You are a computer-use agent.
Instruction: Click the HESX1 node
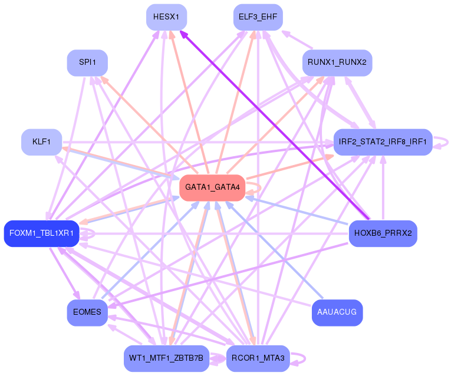166,17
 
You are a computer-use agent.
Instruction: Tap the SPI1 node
87,62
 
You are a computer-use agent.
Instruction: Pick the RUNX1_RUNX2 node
337,62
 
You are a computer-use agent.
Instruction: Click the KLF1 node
41,142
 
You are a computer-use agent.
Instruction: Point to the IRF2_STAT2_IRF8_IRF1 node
383,142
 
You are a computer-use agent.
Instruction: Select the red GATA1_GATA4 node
212,187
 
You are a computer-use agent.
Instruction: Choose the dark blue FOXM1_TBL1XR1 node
41,233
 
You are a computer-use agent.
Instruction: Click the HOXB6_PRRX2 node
383,233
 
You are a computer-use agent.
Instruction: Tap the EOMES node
87,312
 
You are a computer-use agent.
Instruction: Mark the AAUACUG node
337,312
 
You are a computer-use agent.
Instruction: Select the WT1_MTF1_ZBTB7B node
166,358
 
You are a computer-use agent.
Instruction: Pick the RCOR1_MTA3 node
258,358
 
